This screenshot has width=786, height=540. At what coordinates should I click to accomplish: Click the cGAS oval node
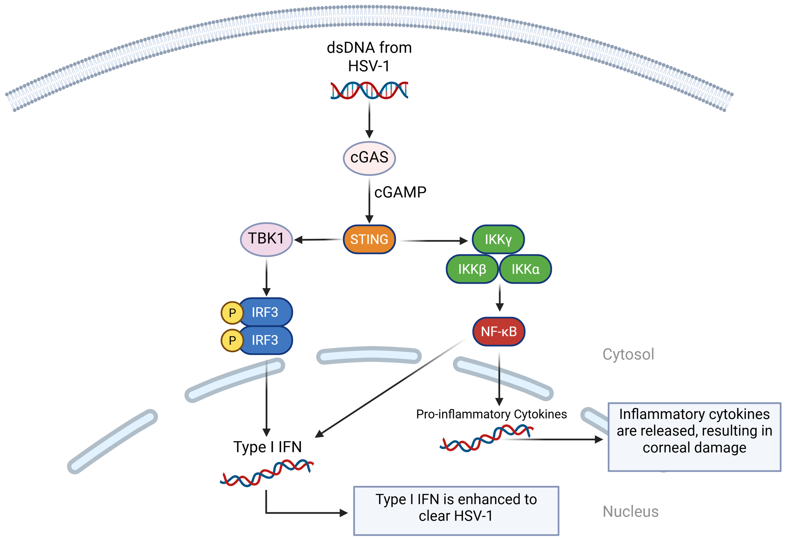(x=369, y=158)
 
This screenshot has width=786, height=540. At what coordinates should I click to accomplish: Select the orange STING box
(x=369, y=240)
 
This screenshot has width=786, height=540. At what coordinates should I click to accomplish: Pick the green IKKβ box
(x=472, y=269)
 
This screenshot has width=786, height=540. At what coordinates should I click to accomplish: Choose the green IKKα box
(x=525, y=269)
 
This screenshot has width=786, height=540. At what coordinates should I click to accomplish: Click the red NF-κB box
(x=499, y=331)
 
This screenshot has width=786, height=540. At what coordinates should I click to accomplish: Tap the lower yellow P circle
(x=232, y=340)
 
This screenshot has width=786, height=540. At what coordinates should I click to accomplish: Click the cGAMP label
(x=400, y=192)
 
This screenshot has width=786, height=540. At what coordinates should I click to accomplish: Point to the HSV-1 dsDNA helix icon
(x=369, y=90)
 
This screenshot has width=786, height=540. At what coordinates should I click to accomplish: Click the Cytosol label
(x=628, y=354)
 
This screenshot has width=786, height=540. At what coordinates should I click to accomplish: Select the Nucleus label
(x=630, y=512)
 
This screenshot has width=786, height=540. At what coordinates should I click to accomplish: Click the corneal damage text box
(x=694, y=437)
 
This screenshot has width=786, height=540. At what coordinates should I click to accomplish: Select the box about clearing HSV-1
(x=456, y=511)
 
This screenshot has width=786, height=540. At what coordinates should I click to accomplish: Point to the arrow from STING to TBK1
(x=318, y=240)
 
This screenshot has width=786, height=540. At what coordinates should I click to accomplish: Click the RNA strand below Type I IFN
(x=267, y=473)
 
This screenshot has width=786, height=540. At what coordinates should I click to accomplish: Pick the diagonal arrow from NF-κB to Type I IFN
(x=389, y=389)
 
